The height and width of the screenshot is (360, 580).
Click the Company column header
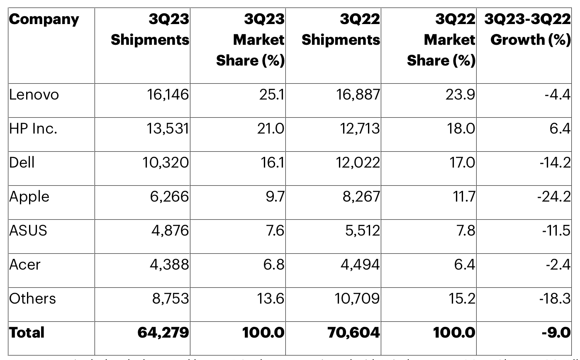coord(44,19)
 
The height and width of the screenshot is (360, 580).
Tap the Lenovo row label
coord(34,95)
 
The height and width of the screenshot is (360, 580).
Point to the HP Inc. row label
coord(33,129)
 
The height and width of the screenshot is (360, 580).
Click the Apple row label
coord(29,197)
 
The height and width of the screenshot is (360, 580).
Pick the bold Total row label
coord(27,332)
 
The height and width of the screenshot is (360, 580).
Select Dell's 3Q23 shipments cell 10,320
coord(166,163)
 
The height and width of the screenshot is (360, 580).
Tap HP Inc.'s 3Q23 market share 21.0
coord(271,129)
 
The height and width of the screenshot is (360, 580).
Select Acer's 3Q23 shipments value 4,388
coord(169,265)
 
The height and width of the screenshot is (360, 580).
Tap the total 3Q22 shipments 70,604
coord(353,332)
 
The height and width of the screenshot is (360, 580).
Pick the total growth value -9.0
coord(556,332)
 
